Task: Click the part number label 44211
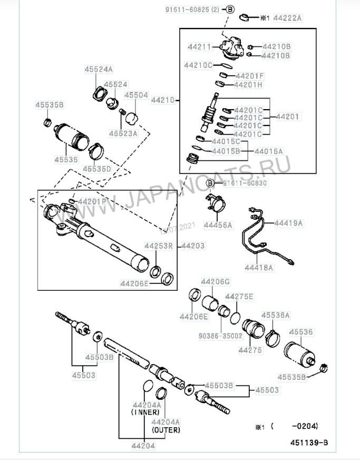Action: pyautogui.click(x=198, y=47)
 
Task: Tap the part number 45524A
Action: pyautogui.click(x=99, y=69)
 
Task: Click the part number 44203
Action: pyautogui.click(x=192, y=246)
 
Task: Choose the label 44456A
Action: pyautogui.click(x=218, y=225)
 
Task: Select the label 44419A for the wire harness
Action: pyautogui.click(x=288, y=223)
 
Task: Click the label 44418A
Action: pyautogui.click(x=258, y=268)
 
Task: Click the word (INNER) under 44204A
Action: pyautogui.click(x=145, y=413)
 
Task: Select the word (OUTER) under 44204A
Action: pyautogui.click(x=166, y=430)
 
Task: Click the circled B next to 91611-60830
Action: pyautogui.click(x=210, y=183)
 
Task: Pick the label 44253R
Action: pyautogui.click(x=160, y=246)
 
